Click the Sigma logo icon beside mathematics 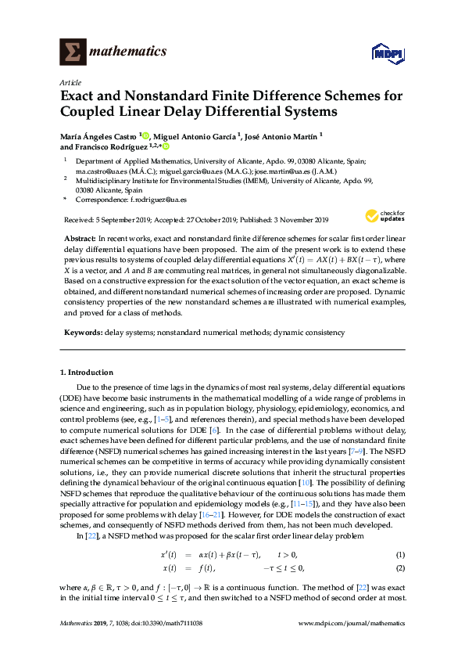pyautogui.click(x=73, y=52)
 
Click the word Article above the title pyautogui.click(x=70, y=82)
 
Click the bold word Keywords pyautogui.click(x=81, y=333)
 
